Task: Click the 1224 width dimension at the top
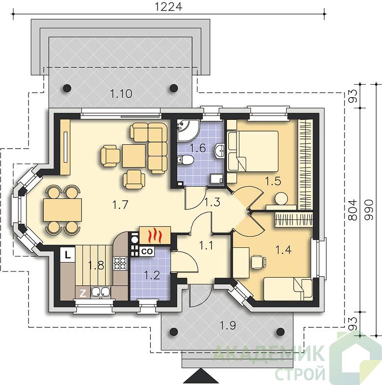click(x=169, y=7)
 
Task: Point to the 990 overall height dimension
click(x=369, y=210)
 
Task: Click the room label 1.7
click(x=120, y=205)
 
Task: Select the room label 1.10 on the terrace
click(x=121, y=93)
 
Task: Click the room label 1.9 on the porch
click(x=228, y=326)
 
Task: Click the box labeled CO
click(x=147, y=251)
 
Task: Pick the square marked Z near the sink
click(x=83, y=293)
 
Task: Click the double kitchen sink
click(x=101, y=292)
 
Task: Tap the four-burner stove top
click(x=120, y=263)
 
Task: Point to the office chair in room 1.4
click(x=258, y=262)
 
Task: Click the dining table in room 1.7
click(x=63, y=210)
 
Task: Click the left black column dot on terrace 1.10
click(x=67, y=88)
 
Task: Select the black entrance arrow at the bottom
click(x=201, y=376)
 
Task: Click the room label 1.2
click(x=152, y=275)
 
